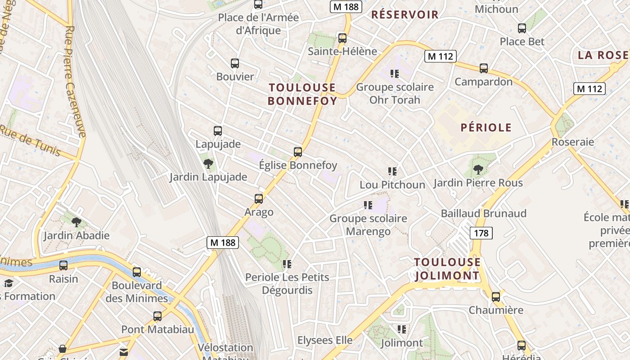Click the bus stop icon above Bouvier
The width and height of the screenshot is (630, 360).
235,63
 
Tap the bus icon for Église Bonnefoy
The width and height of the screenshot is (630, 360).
298,152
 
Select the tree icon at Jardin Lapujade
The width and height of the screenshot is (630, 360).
208,164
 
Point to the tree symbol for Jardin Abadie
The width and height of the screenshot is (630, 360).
76,222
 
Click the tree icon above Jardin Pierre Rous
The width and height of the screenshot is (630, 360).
478,170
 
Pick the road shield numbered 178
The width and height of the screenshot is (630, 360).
481,233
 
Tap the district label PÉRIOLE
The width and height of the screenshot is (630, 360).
486,128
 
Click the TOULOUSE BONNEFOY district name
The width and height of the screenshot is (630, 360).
302,94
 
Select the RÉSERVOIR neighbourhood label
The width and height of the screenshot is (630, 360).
405,14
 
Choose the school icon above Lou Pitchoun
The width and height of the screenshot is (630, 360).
392,171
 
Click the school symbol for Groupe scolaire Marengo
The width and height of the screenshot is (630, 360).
368,206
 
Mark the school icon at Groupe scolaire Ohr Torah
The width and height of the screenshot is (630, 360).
395,74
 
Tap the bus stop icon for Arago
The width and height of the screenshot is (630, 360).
259,198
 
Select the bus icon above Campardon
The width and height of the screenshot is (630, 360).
484,68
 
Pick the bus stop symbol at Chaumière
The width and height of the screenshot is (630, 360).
496,297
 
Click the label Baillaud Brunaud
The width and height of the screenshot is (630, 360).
483,213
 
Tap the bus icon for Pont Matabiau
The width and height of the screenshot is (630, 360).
157,316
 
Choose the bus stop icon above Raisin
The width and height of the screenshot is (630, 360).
63,265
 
